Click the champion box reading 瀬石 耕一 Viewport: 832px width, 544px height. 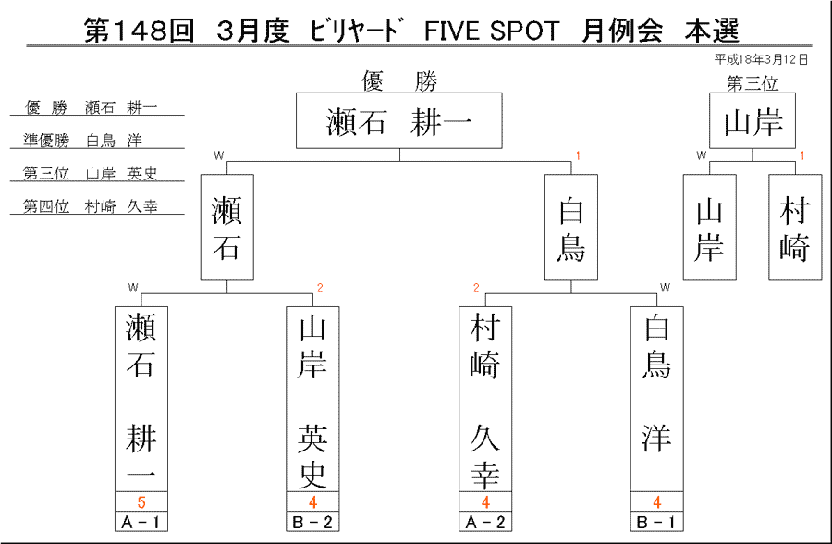point(399,120)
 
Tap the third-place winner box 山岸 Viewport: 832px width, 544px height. point(752,120)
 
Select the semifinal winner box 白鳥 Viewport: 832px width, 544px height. point(571,228)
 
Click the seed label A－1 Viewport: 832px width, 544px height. point(141,522)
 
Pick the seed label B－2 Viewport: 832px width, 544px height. point(312,522)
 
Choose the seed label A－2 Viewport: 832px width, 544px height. point(485,522)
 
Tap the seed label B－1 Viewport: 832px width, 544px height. point(657,522)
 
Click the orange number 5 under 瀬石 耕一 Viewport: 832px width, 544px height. point(141,502)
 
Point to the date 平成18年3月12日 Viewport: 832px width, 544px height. point(761,59)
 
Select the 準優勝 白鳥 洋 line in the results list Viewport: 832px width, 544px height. point(82,141)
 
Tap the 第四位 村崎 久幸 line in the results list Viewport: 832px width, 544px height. point(91,206)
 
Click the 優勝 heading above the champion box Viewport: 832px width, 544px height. point(399,81)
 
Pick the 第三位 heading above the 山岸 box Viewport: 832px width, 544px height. point(752,83)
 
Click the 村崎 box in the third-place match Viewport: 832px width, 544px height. point(795,228)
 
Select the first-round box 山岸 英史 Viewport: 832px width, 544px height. point(312,400)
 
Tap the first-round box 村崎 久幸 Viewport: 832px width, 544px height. point(485,400)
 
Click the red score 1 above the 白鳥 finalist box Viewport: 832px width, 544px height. point(578,155)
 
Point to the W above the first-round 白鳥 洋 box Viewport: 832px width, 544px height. point(665,288)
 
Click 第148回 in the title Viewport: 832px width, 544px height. point(140,31)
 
